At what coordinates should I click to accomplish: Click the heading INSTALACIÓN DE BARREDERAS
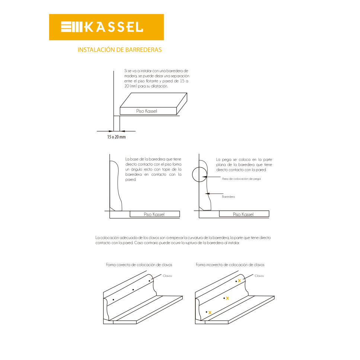[120, 50]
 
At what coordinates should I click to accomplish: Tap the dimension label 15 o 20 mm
[117, 137]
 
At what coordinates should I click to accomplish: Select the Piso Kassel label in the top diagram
[146, 111]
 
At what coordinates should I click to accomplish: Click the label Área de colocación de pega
[241, 179]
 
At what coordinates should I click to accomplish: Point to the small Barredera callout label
[228, 197]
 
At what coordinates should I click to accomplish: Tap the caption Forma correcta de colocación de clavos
[139, 265]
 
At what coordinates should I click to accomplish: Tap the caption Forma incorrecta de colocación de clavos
[230, 265]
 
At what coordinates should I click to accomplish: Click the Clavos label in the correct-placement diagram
[168, 276]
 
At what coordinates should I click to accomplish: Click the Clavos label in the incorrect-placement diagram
[259, 276]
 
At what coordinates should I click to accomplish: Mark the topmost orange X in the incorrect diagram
[239, 281]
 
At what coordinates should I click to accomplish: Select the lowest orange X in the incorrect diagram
[210, 312]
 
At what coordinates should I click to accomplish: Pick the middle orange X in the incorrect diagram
[227, 298]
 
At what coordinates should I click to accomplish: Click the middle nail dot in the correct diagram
[133, 290]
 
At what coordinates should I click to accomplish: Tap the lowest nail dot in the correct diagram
[114, 300]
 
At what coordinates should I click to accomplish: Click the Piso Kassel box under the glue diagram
[244, 214]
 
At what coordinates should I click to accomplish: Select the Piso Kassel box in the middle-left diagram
[155, 214]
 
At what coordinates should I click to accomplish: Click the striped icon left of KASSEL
[71, 27]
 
